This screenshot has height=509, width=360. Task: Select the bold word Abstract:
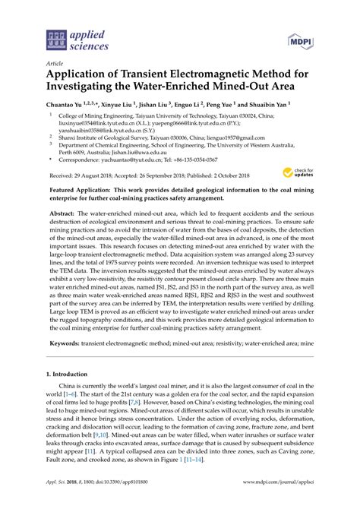pos(67,215)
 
